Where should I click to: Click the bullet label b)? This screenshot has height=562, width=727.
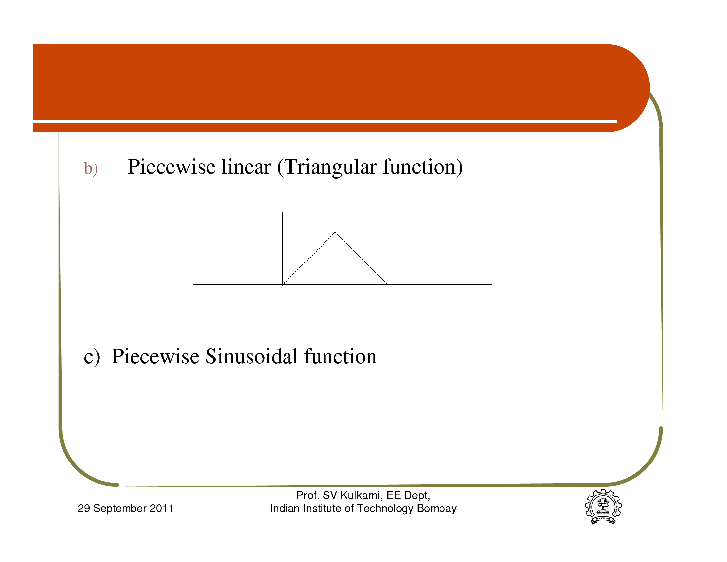pyautogui.click(x=91, y=169)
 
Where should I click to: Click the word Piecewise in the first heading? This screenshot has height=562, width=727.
pyautogui.click(x=172, y=167)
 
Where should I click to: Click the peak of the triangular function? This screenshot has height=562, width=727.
pyautogui.click(x=335, y=232)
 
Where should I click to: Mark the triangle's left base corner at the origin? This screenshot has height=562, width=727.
pyautogui.click(x=283, y=284)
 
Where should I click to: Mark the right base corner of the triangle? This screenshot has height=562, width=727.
pyautogui.click(x=388, y=284)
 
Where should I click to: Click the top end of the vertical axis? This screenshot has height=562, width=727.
pyautogui.click(x=283, y=212)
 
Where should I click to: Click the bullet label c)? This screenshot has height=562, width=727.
pyautogui.click(x=92, y=357)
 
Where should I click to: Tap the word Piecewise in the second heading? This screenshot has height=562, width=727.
pyautogui.click(x=155, y=356)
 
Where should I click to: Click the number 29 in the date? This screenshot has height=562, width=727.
pyautogui.click(x=84, y=508)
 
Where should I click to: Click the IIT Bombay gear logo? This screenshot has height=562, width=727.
pyautogui.click(x=603, y=507)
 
